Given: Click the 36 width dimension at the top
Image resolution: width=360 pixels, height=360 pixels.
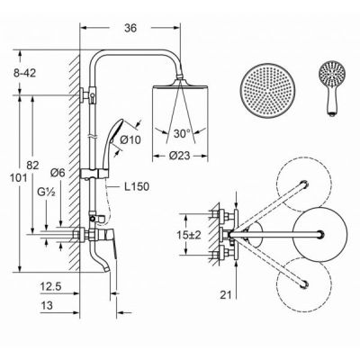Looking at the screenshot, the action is (130, 28).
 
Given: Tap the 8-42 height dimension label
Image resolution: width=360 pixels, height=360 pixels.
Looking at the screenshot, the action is (24, 73).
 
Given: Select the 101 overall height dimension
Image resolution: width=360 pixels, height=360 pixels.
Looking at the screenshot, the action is (19, 178).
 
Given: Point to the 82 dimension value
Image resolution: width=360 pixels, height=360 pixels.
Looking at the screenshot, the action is (33, 165).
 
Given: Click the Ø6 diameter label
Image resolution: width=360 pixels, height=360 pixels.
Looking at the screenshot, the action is (58, 173).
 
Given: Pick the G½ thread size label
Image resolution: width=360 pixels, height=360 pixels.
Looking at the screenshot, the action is (46, 192).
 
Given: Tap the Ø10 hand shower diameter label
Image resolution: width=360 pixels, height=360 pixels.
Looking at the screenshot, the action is (130, 139).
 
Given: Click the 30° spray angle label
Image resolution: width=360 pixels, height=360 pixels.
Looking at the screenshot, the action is (183, 133).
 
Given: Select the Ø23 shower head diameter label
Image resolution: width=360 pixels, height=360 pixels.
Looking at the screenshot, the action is (179, 156).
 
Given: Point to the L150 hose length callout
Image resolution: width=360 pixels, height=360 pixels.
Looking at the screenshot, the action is (137, 187).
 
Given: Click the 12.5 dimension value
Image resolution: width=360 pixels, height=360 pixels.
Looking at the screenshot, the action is (50, 287).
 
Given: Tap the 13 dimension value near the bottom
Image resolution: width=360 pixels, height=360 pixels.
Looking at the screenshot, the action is (47, 306).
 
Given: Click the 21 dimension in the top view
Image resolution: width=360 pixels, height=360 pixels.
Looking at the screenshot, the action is (226, 295).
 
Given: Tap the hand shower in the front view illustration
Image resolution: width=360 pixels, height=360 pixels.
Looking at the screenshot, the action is (332, 87).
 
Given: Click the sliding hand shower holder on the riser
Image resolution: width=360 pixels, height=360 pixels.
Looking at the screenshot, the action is (94, 175).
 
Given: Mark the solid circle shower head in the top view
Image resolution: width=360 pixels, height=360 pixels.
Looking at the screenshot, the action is (320, 234).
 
